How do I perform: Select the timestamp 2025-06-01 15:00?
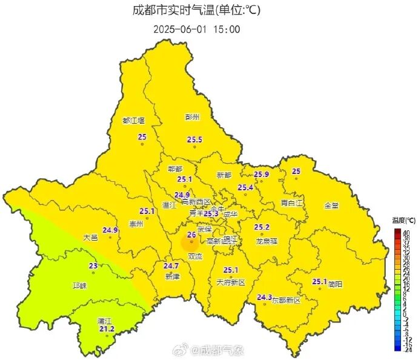196,28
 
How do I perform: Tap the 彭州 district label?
191,117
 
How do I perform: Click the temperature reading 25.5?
194,140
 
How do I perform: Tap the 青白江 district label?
291,202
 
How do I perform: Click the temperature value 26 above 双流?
191,235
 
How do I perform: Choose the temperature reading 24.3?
264,297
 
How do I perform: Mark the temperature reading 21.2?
106,329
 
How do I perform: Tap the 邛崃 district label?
79,285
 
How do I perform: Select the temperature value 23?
93,265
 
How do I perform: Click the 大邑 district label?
90,238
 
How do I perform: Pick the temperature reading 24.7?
171,265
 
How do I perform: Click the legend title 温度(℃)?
403,221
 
